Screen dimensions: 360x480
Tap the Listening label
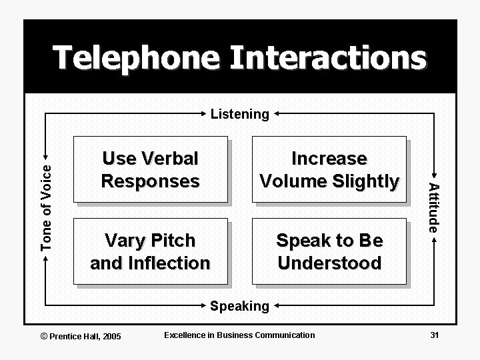pos(239,114)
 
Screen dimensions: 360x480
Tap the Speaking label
pos(239,306)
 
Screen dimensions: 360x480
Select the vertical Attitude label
pos(433,207)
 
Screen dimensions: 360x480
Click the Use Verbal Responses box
pos(150,169)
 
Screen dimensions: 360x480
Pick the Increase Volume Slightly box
pos(329,169)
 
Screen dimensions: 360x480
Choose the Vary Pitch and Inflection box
pos(150,251)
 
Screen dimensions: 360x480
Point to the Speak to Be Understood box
pos(329,251)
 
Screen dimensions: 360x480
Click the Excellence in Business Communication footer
pos(239,334)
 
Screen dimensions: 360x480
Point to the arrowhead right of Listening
pos(277,114)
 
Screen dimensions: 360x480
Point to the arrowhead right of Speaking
pos(277,307)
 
